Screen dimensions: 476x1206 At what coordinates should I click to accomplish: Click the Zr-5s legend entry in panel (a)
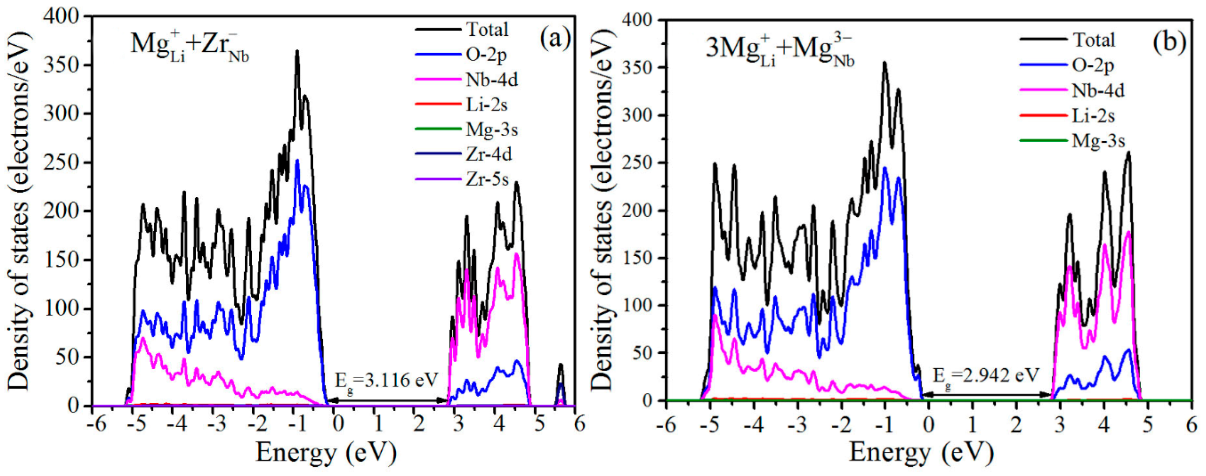click(x=487, y=179)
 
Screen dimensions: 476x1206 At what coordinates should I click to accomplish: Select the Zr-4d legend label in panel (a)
click(x=488, y=154)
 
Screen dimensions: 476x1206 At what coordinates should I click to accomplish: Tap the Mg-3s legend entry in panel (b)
click(x=1098, y=140)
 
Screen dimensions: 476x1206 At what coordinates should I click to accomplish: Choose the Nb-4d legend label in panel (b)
click(x=1098, y=90)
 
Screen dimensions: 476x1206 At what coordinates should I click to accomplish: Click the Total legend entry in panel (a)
click(x=487, y=30)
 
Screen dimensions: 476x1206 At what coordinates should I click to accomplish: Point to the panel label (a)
click(x=555, y=38)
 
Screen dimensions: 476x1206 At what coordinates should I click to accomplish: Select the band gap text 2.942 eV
click(x=985, y=375)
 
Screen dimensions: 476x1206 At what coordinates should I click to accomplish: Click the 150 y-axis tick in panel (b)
click(x=639, y=258)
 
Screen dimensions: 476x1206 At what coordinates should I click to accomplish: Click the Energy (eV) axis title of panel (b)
click(x=921, y=453)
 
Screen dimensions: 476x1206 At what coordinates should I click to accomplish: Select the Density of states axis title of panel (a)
click(x=19, y=211)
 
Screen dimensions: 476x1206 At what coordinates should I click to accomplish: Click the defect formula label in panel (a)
click(x=190, y=47)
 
